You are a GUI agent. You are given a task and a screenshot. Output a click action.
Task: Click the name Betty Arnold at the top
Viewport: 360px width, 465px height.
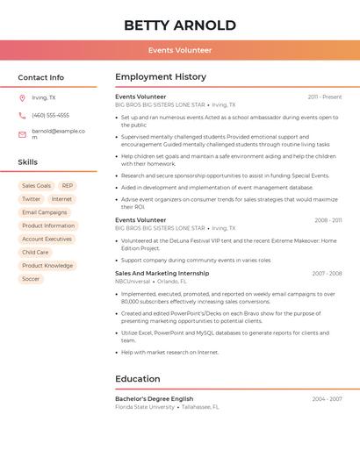point(180,25)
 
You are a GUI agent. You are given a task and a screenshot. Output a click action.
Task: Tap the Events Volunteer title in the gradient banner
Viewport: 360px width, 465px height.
point(180,50)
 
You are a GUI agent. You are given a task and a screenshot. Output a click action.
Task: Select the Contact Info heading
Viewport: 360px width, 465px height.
point(40,77)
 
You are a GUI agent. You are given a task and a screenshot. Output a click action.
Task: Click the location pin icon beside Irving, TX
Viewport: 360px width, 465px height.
point(22,98)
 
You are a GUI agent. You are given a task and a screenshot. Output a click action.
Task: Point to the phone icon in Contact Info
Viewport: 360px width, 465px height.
point(22,115)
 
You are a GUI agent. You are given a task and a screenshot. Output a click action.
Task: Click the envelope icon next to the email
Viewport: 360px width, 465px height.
point(22,134)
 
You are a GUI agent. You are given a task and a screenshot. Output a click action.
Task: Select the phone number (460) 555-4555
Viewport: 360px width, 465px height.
point(50,115)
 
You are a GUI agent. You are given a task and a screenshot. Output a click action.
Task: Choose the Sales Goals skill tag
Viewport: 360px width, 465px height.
point(36,186)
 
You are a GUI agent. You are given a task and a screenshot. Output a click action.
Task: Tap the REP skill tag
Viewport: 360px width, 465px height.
point(68,186)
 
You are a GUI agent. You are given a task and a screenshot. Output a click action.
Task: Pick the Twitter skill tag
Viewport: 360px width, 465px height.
point(31,199)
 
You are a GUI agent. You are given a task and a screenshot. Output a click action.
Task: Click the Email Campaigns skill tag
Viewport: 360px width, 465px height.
point(44,212)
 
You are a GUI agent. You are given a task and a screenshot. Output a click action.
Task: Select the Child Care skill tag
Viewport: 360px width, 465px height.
point(35,252)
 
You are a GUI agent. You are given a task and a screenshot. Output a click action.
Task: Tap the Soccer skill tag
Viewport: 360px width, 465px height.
point(31,279)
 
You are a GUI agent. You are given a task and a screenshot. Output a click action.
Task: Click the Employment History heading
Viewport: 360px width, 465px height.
point(161,77)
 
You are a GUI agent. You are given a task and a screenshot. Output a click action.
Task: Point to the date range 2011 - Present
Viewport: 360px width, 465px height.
point(325,97)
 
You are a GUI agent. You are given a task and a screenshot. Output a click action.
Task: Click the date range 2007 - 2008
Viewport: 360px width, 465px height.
point(327,273)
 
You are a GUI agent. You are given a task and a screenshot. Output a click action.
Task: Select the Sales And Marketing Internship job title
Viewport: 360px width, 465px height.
point(162,273)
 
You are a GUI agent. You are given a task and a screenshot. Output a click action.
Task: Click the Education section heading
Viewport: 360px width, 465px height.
point(137,379)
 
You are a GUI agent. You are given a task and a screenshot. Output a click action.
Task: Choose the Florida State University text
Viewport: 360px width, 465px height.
point(145,407)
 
